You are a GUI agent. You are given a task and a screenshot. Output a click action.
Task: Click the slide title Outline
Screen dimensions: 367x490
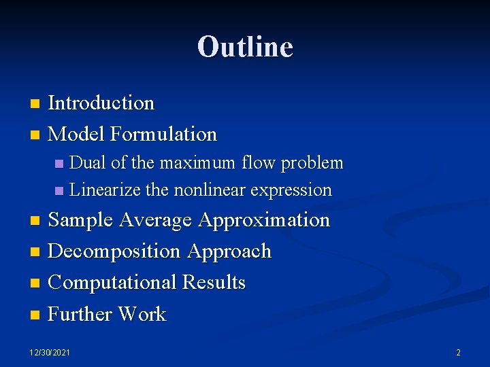click(245, 47)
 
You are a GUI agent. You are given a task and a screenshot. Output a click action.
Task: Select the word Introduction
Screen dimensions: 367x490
click(101, 103)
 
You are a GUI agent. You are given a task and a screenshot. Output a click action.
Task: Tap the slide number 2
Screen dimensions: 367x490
click(458, 352)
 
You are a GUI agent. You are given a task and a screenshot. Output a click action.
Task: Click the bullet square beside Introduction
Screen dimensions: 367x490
click(36, 104)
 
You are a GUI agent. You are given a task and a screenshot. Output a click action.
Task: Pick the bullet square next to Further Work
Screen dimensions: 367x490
click(36, 315)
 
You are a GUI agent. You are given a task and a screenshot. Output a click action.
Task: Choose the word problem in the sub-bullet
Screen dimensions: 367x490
click(312, 163)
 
